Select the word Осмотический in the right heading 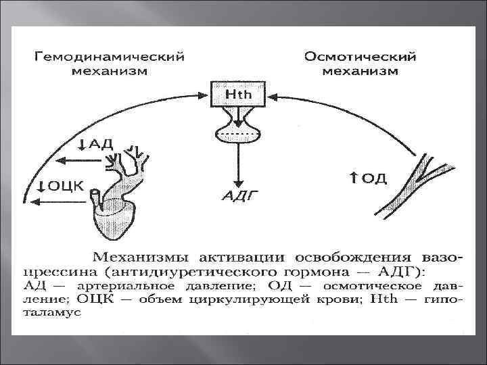point(360,56)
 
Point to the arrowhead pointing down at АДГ point(238,182)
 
